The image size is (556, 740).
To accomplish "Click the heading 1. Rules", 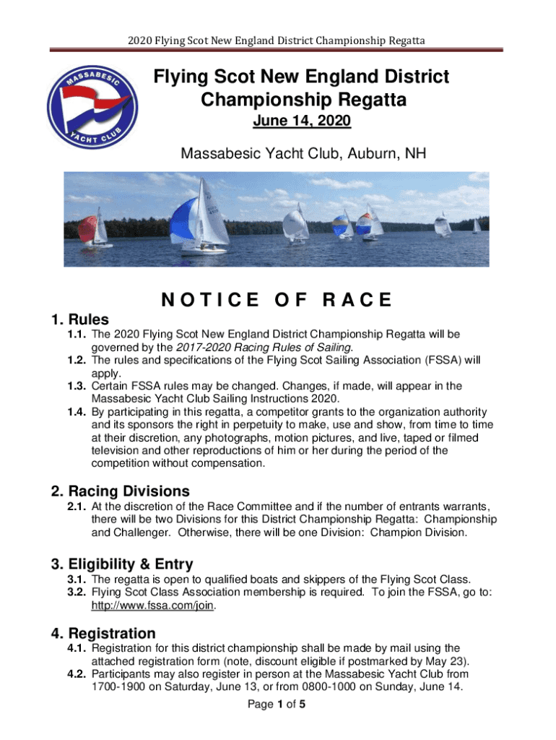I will [x=80, y=319].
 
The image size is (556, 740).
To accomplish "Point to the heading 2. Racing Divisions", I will [x=121, y=491].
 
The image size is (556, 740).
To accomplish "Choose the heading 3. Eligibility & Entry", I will [x=122, y=564].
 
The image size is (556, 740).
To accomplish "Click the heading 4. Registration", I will [x=103, y=634].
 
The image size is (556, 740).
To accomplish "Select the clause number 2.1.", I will [x=77, y=507].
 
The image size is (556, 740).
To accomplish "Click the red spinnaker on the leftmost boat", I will [x=87, y=229].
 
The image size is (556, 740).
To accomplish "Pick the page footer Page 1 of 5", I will [x=277, y=705].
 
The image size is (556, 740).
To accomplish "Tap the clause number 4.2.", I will [x=77, y=674].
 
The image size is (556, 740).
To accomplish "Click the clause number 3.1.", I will [x=77, y=580].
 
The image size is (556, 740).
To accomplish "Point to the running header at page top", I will [x=277, y=40].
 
